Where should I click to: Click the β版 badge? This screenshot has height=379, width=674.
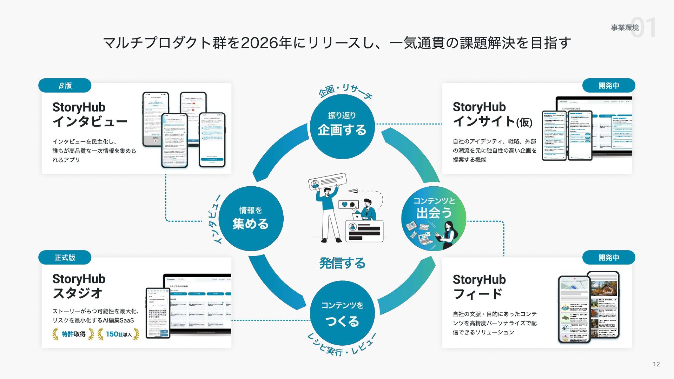(65, 86)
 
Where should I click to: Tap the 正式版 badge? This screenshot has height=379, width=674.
(65, 258)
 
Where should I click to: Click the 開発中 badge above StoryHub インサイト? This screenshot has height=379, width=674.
(609, 86)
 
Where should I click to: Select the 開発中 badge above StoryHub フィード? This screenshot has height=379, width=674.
(609, 258)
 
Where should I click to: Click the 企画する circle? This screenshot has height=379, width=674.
(342, 126)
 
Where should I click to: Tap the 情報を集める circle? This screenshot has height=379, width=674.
(251, 218)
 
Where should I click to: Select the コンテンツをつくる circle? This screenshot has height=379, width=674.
(342, 313)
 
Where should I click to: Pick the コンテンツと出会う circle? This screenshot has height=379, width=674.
(434, 218)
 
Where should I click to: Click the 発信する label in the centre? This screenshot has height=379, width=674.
(342, 263)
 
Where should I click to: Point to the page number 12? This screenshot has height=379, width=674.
(656, 364)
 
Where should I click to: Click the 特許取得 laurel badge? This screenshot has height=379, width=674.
(73, 334)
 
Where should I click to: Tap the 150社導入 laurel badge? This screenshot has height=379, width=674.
(118, 334)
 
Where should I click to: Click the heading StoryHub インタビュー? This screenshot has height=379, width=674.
(90, 114)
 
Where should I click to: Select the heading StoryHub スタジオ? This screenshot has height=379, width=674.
(79, 286)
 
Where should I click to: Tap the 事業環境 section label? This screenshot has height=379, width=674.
(625, 27)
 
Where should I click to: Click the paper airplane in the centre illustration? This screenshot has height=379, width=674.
(353, 191)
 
